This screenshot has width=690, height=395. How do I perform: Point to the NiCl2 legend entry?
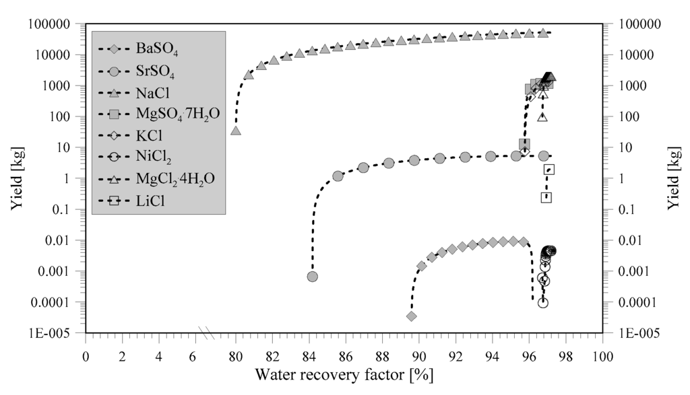pyautogui.click(x=154, y=158)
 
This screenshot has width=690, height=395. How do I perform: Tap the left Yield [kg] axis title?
pyautogui.click(x=17, y=178)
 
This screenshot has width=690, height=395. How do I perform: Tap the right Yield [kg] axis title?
pyautogui.click(x=675, y=178)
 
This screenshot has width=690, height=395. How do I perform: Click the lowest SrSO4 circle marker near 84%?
pyautogui.click(x=313, y=277)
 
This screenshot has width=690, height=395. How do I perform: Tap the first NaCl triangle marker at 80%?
pyautogui.click(x=236, y=130)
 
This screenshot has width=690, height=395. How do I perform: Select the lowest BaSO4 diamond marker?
pyautogui.click(x=412, y=316)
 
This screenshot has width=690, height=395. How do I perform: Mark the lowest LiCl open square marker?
pyautogui.click(x=546, y=197)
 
